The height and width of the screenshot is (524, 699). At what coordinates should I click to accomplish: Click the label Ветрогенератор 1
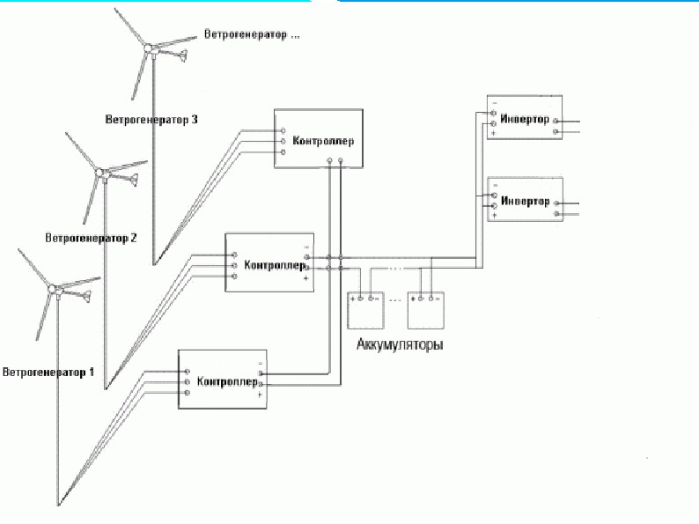coord(48,372)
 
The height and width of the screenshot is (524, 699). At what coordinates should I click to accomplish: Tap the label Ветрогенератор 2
coord(91,238)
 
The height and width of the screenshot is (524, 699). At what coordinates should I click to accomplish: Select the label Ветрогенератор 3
coord(151,118)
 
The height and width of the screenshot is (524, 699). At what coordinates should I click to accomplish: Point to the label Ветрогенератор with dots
coord(252,36)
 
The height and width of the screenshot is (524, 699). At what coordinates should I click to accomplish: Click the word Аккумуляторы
coord(399,344)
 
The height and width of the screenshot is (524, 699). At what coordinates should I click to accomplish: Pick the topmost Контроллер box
coord(318,137)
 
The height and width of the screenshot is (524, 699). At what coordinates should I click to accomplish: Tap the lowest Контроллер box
coord(223,379)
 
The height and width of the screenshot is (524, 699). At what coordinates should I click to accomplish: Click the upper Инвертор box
coord(526,118)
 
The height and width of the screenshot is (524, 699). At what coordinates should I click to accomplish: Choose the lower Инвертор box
coord(526,199)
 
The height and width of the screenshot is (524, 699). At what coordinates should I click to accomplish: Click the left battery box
coord(368,310)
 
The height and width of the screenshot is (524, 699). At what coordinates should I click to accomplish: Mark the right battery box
coord(426,310)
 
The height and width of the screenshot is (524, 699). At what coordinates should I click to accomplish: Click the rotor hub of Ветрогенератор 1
coord(55,288)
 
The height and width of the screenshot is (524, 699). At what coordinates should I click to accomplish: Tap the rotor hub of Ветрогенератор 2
coord(103,173)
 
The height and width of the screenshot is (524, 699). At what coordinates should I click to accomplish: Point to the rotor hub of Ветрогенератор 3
coord(151,51)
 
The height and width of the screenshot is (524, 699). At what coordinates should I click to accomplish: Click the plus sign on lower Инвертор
coord(495,215)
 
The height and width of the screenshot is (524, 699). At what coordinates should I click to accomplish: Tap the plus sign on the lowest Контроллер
coord(260,395)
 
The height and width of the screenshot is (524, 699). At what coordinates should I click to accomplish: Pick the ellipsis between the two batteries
coord(395,300)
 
